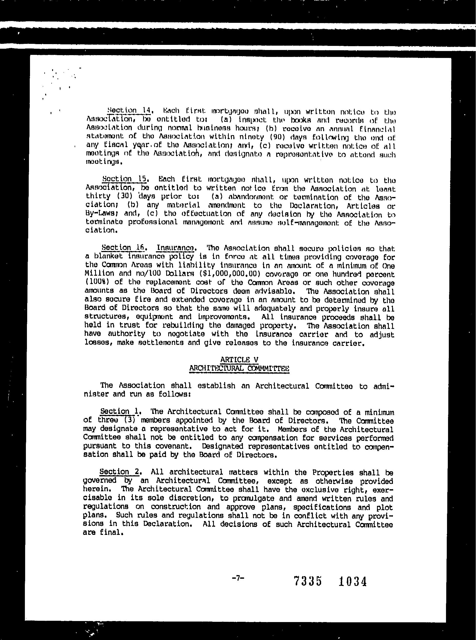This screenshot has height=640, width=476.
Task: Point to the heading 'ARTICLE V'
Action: point(239,359)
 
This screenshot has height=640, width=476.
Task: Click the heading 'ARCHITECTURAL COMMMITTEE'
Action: point(239,368)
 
